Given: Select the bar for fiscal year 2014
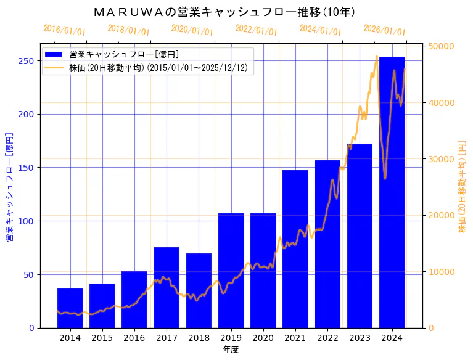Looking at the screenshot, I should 70,308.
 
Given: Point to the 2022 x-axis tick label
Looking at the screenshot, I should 327,338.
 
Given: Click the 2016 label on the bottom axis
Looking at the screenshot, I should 134,338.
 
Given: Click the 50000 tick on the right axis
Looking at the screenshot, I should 441,47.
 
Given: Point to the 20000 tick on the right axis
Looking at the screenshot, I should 441,215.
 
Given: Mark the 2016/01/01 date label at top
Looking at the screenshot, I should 65,30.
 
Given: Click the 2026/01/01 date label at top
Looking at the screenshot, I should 384,30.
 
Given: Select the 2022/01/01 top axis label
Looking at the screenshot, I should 257,30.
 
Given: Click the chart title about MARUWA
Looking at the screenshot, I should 224,12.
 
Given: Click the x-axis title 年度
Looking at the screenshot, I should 231,350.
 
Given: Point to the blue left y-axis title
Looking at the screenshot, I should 10,187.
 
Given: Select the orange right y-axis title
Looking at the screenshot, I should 462,187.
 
